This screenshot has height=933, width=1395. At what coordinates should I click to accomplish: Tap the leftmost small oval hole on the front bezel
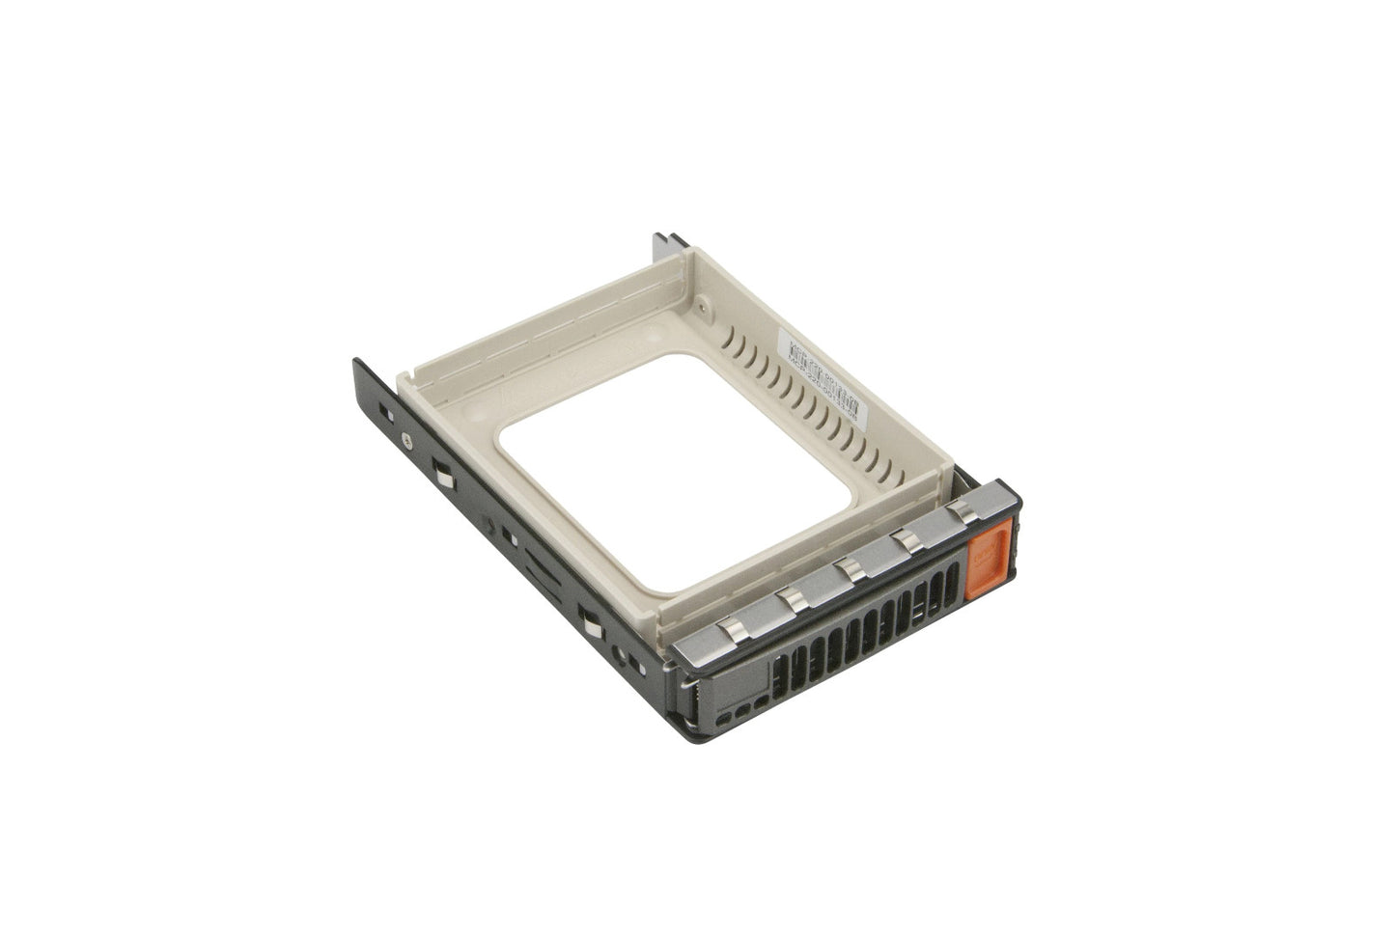(739, 713)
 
